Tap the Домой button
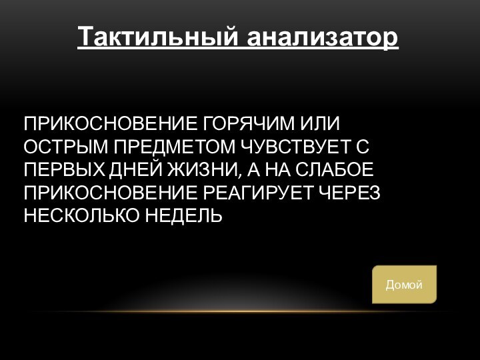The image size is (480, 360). click(404, 285)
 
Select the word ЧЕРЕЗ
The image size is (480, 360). click(351, 193)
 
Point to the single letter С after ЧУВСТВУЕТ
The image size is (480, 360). click(364, 147)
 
